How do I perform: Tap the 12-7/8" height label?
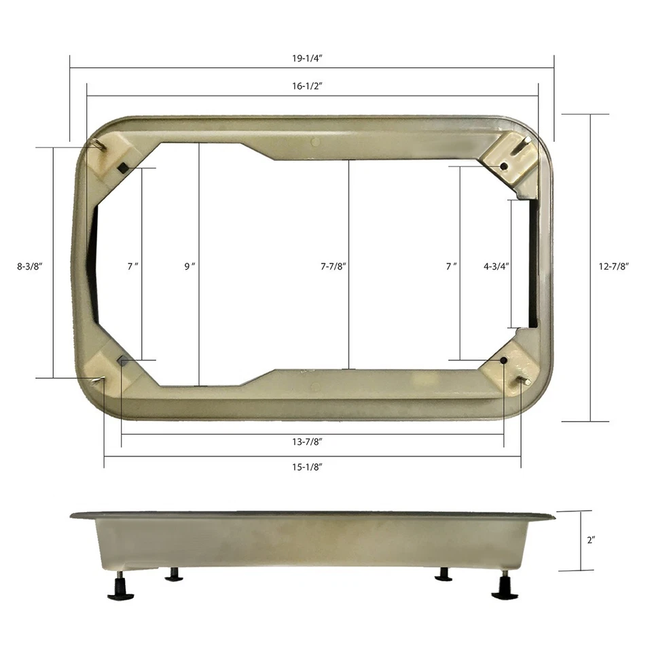pyautogui.click(x=613, y=267)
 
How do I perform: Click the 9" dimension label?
pyautogui.click(x=189, y=267)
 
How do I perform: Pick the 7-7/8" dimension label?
pyautogui.click(x=333, y=267)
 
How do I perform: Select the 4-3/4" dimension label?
pyautogui.click(x=496, y=267)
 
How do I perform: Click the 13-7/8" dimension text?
pyautogui.click(x=302, y=442)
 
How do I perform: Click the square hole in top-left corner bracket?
pyautogui.click(x=122, y=167)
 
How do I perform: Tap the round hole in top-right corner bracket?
pyautogui.click(x=503, y=166)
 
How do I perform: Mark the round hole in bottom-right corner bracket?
pyautogui.click(x=503, y=361)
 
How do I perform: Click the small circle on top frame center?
pyautogui.click(x=314, y=142)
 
